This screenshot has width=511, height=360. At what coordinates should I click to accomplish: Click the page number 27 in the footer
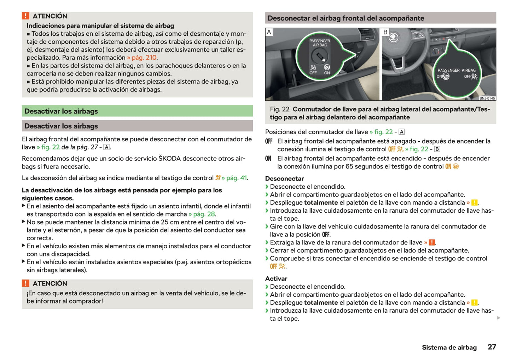pyautogui.click(x=492, y=347)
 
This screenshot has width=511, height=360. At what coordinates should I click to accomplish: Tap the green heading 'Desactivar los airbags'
pyautogui.click(x=61, y=111)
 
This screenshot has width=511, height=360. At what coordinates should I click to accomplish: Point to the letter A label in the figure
pyautogui.click(x=269, y=32)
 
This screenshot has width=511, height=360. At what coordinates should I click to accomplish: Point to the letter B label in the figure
pyautogui.click(x=385, y=32)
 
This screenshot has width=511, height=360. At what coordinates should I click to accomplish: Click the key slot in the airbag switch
pyautogui.click(x=319, y=56)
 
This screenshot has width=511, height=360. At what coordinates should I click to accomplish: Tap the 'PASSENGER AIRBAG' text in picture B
pyautogui.click(x=456, y=70)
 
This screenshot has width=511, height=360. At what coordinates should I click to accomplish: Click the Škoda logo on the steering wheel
pyautogui.click(x=393, y=38)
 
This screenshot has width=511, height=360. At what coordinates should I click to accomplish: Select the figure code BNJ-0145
pyautogui.click(x=487, y=98)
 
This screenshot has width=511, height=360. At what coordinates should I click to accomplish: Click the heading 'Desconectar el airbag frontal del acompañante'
pyautogui.click(x=346, y=18)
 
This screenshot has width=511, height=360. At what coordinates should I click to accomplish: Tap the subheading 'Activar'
pyautogui.click(x=276, y=278)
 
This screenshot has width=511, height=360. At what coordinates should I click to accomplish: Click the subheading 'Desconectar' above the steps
pyautogui.click(x=284, y=178)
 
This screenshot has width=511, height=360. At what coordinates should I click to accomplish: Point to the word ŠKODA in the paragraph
pyautogui.click(x=170, y=158)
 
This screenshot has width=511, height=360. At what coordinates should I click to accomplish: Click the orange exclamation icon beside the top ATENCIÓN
pyautogui.click(x=25, y=16)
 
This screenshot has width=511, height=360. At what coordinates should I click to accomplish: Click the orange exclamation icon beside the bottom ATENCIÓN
pyautogui.click(x=25, y=283)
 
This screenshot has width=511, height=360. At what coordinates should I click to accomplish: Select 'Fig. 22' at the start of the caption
pyautogui.click(x=279, y=109)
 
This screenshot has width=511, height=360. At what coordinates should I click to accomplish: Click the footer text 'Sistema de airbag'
pyautogui.click(x=449, y=347)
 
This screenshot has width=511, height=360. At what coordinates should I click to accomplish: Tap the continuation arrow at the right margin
pyautogui.click(x=499, y=318)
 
